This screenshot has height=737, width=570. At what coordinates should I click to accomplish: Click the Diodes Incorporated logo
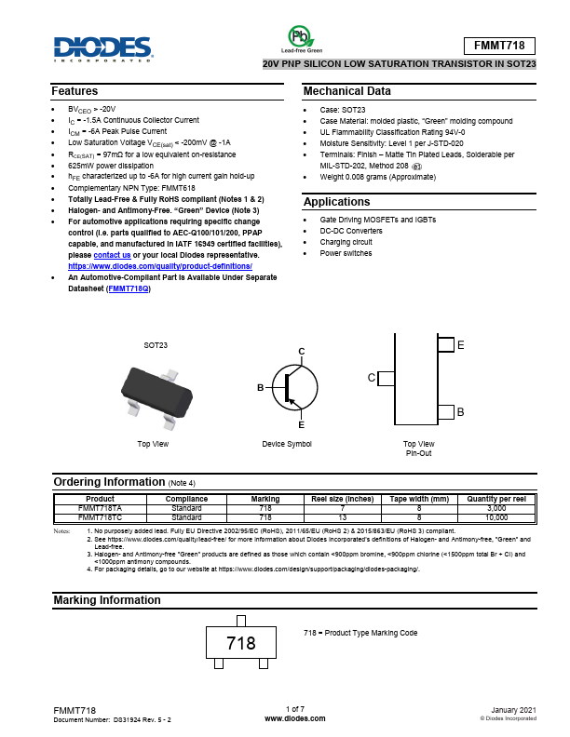(102, 47)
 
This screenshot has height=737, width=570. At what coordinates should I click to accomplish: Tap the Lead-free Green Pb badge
(301, 38)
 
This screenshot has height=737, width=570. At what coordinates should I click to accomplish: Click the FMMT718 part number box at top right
(499, 46)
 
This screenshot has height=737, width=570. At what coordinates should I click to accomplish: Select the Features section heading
(75, 91)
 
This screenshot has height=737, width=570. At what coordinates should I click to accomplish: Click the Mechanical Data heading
(347, 91)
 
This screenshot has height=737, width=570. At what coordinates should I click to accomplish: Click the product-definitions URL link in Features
(154, 266)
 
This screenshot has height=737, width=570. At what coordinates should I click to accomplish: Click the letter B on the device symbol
(261, 385)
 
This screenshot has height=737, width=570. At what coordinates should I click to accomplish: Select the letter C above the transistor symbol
(301, 350)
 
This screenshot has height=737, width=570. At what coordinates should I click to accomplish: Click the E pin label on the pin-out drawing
(460, 345)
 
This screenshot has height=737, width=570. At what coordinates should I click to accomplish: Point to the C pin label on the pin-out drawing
(372, 378)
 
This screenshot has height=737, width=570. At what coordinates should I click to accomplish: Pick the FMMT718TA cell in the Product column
(100, 509)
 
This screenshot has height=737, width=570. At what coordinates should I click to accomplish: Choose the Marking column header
(265, 500)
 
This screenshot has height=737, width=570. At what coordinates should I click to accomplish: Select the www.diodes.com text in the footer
(294, 719)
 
